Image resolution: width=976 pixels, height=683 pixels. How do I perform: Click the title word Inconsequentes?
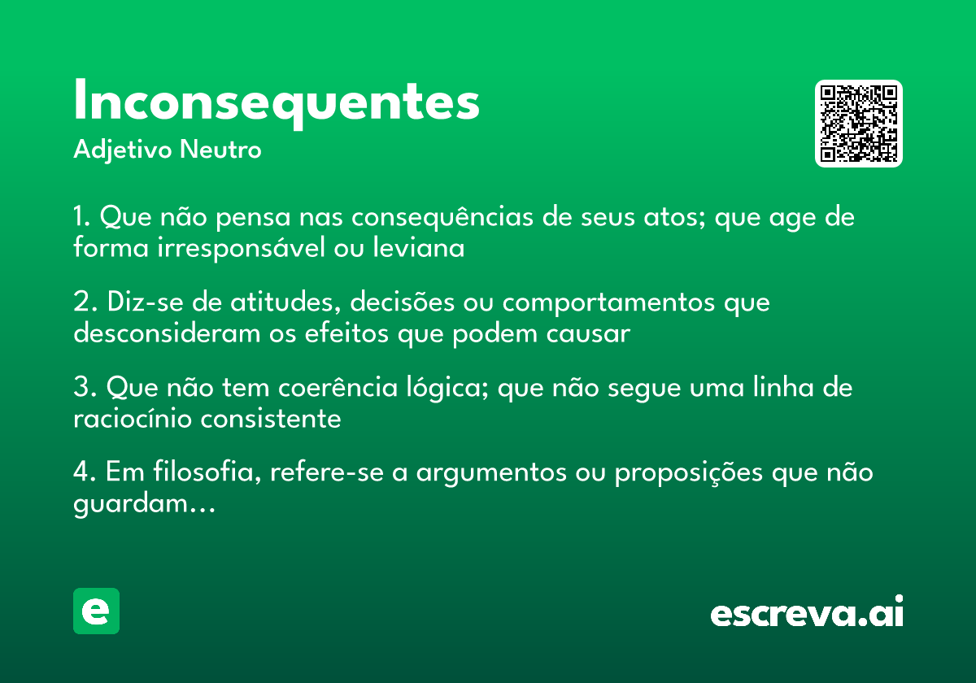pos(277,102)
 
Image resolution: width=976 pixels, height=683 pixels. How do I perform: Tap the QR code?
pos(859,124)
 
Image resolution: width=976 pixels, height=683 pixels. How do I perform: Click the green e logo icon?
pos(96,611)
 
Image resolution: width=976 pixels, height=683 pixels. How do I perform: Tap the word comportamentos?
pos(610,303)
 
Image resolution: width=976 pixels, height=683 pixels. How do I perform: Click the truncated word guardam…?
pos(144,505)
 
